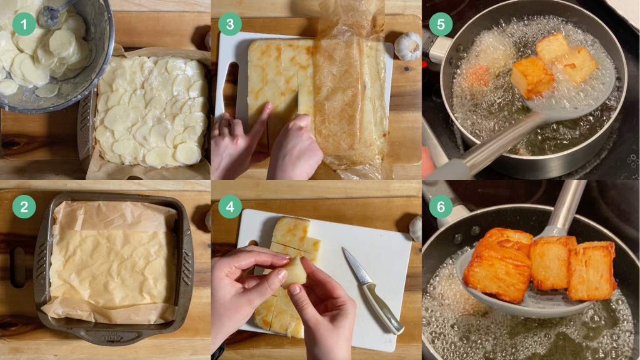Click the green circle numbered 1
[x=24, y=24]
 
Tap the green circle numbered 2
[x=24, y=206]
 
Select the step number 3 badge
[x=230, y=24]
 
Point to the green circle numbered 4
[x=230, y=206]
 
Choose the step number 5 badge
[x=441, y=24]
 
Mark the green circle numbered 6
[x=441, y=206]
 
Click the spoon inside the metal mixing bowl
[x=53, y=14]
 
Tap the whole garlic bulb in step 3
[x=407, y=46]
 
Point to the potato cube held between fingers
[x=295, y=271]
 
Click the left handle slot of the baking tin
[x=17, y=267]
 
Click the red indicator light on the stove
[x=424, y=64]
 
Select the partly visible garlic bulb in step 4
[x=416, y=229]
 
